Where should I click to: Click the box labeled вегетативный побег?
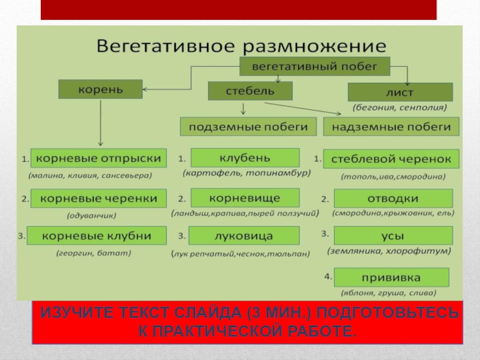click(x=314, y=66)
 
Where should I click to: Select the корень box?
click(x=100, y=89)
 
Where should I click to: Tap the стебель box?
click(x=250, y=91)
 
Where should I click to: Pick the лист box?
click(x=400, y=92)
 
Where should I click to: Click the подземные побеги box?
click(x=248, y=127)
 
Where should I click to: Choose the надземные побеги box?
click(x=391, y=127)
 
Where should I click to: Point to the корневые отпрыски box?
click(x=98, y=158)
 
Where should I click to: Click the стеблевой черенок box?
click(x=391, y=159)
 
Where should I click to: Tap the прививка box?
click(x=391, y=277)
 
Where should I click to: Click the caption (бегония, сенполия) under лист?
click(x=400, y=108)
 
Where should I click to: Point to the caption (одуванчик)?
click(x=92, y=214)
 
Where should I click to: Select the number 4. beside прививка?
click(x=328, y=277)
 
